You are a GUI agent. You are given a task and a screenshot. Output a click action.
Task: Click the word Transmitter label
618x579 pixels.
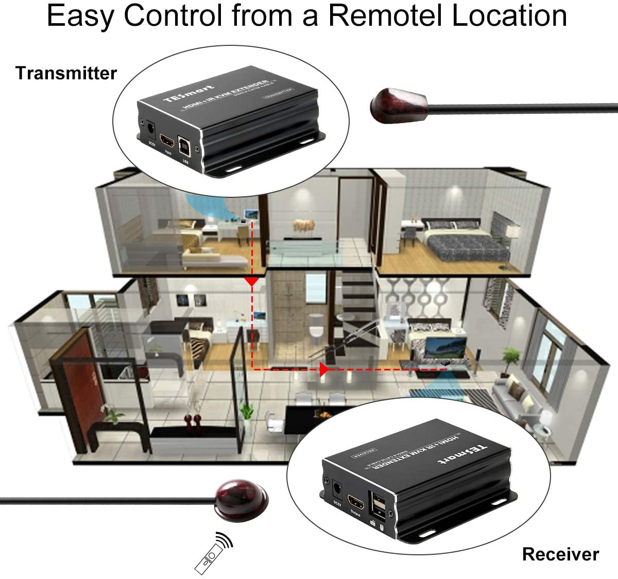coord(66,73)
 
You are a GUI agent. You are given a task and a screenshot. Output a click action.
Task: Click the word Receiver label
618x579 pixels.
coord(560,554)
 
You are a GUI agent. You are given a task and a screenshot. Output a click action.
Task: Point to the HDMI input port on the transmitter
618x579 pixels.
coord(167,140)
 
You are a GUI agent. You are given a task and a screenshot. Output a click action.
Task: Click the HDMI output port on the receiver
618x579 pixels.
coord(355,501)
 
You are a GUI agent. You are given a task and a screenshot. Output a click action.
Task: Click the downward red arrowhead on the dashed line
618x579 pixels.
coord(251,281)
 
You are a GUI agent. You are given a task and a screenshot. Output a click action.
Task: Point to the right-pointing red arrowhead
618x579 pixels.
coord(324,369)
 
